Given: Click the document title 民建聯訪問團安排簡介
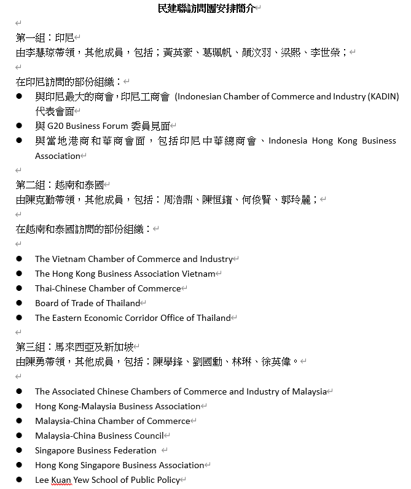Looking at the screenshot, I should tap(205, 8).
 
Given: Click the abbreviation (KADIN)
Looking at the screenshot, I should tap(383, 96).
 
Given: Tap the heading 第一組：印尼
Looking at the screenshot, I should tap(44, 37).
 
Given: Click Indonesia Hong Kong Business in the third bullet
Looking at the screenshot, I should tap(332, 141).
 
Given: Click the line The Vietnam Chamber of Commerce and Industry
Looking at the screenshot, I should tap(133, 259).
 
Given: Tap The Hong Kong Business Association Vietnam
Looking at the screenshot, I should tap(125, 274).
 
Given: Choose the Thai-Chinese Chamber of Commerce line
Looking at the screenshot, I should tap(108, 288).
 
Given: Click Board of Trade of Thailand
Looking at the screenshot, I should tap(87, 303).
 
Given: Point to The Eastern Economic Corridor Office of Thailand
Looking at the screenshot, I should tap(133, 318).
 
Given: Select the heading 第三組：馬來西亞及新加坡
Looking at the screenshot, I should tap(74, 347).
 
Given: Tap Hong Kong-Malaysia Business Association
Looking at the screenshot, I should tap(117, 406).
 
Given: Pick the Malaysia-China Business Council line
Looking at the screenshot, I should tap(100, 436).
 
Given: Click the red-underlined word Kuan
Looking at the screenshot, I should tap(61, 480).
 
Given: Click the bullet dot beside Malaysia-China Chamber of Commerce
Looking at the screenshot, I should tap(20, 421).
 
